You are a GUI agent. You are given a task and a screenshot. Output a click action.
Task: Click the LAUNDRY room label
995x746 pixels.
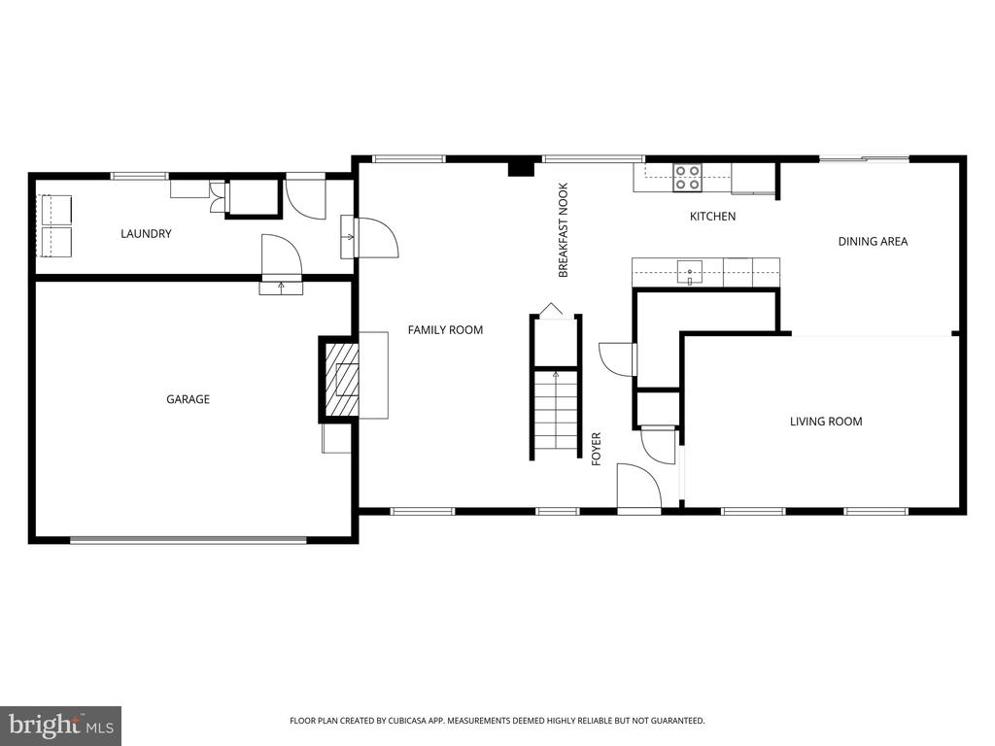click(146, 233)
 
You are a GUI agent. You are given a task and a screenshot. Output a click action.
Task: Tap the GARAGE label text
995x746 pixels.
click(188, 399)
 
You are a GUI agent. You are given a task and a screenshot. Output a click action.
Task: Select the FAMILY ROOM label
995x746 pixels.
click(445, 330)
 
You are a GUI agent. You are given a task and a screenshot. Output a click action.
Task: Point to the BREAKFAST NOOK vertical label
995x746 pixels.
click(563, 230)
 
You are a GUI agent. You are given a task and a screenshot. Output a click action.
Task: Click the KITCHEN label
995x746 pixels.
click(712, 217)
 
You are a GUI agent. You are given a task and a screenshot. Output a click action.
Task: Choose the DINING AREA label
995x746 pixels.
click(873, 241)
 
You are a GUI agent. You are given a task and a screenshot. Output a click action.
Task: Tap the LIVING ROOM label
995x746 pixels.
click(826, 422)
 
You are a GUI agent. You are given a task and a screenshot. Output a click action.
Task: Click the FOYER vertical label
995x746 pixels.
click(596, 449)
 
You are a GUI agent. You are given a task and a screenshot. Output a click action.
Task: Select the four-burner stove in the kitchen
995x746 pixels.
click(687, 177)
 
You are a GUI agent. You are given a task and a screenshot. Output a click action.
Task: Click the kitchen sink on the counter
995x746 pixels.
click(689, 272)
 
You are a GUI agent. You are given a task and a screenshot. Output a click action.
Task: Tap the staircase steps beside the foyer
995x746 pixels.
click(556, 413)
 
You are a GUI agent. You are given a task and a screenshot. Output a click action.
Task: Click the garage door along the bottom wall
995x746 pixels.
click(188, 540)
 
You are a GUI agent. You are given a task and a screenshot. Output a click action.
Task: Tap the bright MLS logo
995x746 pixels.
click(61, 725)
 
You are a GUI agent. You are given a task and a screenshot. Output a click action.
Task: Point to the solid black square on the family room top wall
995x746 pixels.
click(521, 168)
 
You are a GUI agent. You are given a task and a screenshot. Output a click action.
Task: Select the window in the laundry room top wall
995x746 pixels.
click(140, 176)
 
